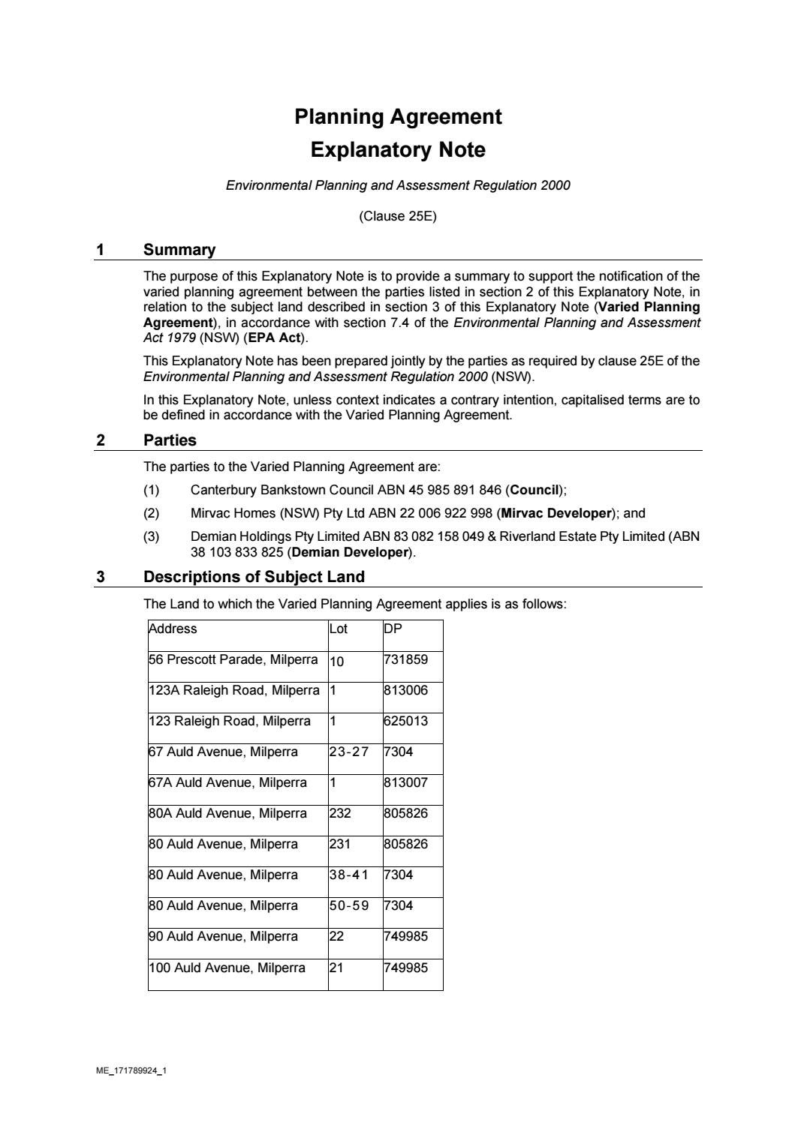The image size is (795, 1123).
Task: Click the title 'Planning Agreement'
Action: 398,117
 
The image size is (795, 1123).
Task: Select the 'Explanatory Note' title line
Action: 398,150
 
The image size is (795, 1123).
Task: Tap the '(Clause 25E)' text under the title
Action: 398,217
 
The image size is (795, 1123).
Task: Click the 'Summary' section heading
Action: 179,250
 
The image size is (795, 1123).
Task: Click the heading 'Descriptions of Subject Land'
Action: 254,577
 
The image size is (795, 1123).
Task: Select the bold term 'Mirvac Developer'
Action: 556,513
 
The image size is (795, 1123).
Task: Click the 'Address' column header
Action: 173,629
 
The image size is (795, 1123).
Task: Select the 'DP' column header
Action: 393,629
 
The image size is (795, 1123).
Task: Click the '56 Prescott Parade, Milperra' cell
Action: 233,659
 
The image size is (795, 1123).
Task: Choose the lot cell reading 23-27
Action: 349,752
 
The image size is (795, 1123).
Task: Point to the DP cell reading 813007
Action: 405,782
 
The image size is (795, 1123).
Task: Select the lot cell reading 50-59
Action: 349,905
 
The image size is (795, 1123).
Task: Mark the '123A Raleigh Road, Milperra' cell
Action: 233,690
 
